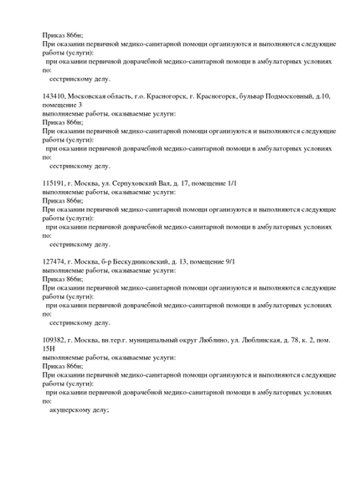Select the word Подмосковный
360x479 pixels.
click(x=286, y=96)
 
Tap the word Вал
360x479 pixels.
click(x=175, y=183)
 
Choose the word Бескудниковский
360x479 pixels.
click(x=132, y=261)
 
